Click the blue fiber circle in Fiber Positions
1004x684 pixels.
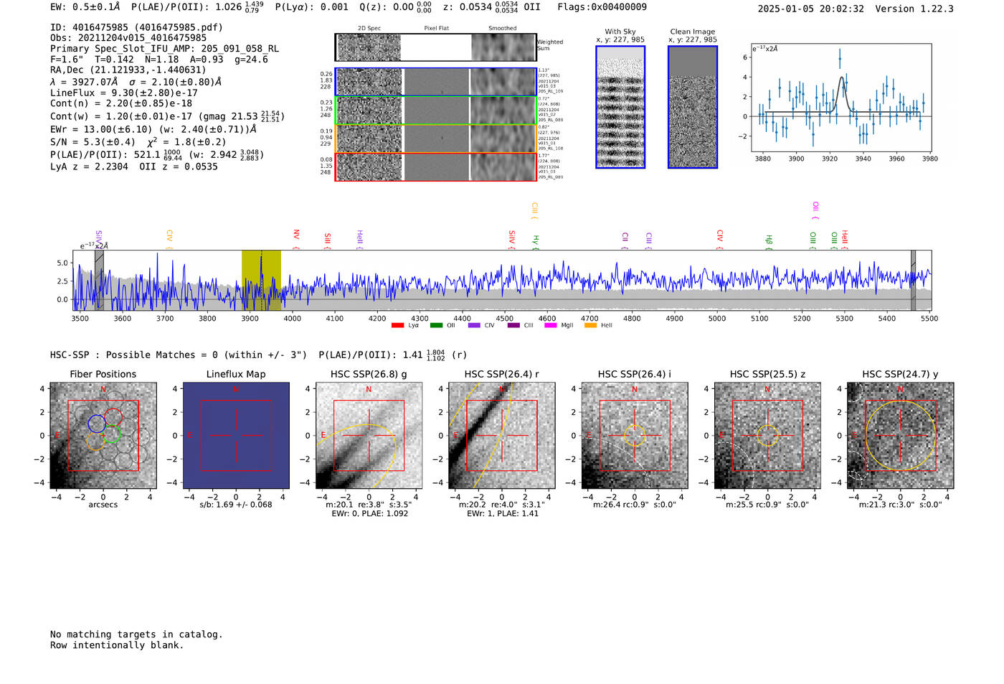pos(97,423)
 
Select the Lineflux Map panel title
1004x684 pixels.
pos(236,374)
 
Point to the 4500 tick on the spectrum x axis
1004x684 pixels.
pos(505,318)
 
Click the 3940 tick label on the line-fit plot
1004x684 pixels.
pos(863,159)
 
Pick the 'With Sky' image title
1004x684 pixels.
pos(620,32)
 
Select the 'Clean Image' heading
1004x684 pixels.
pos(693,32)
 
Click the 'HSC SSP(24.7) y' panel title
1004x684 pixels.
pos(900,374)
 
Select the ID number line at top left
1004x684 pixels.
pos(136,27)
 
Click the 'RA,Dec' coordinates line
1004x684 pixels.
pos(128,70)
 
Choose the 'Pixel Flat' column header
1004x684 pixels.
pos(436,29)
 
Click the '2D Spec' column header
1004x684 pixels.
pos(369,29)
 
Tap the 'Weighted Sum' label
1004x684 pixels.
pos(550,45)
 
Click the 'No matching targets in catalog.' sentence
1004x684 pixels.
pos(136,634)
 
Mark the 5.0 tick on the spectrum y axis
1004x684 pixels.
pos(62,263)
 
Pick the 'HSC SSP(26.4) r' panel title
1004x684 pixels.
pos(501,374)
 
